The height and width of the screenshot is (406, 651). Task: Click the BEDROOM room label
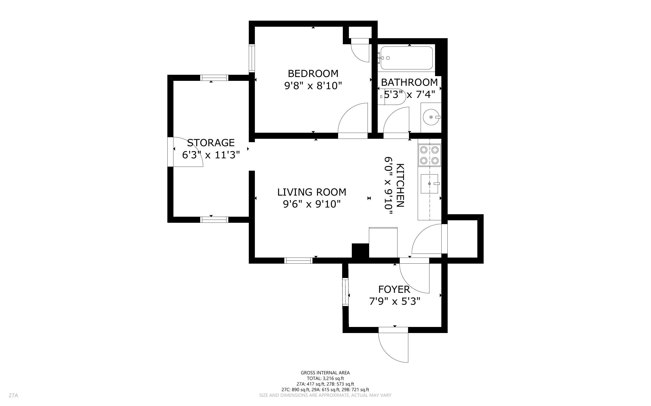313,74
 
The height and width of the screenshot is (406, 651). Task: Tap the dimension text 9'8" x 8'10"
313,86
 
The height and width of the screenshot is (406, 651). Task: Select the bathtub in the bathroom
406,58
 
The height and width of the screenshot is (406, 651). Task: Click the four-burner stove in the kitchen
429,155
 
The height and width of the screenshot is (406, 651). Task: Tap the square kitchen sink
429,184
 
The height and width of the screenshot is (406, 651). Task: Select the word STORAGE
211,143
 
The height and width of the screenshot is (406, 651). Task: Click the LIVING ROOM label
312,192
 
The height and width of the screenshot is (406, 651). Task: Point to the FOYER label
394,289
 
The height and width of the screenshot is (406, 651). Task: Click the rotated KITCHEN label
400,185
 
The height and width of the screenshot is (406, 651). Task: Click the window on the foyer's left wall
345,292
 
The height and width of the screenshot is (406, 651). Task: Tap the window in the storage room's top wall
214,78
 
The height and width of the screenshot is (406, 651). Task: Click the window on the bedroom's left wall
252,58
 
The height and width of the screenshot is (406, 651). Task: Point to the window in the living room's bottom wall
298,260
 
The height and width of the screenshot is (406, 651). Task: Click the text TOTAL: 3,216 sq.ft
325,378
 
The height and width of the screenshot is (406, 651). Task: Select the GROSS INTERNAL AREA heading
325,373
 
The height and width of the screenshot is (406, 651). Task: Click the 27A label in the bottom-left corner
13,395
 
